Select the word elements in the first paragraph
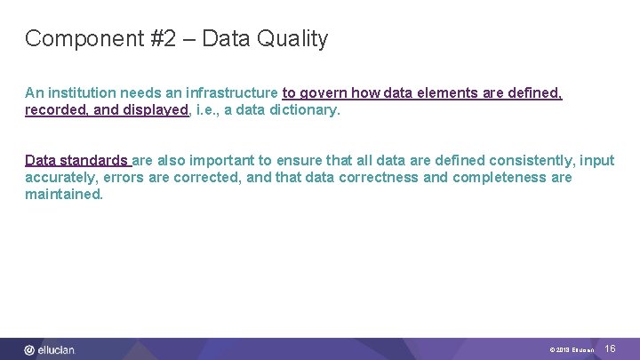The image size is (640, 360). (x=445, y=93)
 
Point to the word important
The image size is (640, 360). (x=224, y=161)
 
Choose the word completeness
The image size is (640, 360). (x=500, y=178)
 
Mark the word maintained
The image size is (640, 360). (x=63, y=195)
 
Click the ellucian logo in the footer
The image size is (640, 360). (x=51, y=350)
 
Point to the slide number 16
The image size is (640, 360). (x=610, y=349)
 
